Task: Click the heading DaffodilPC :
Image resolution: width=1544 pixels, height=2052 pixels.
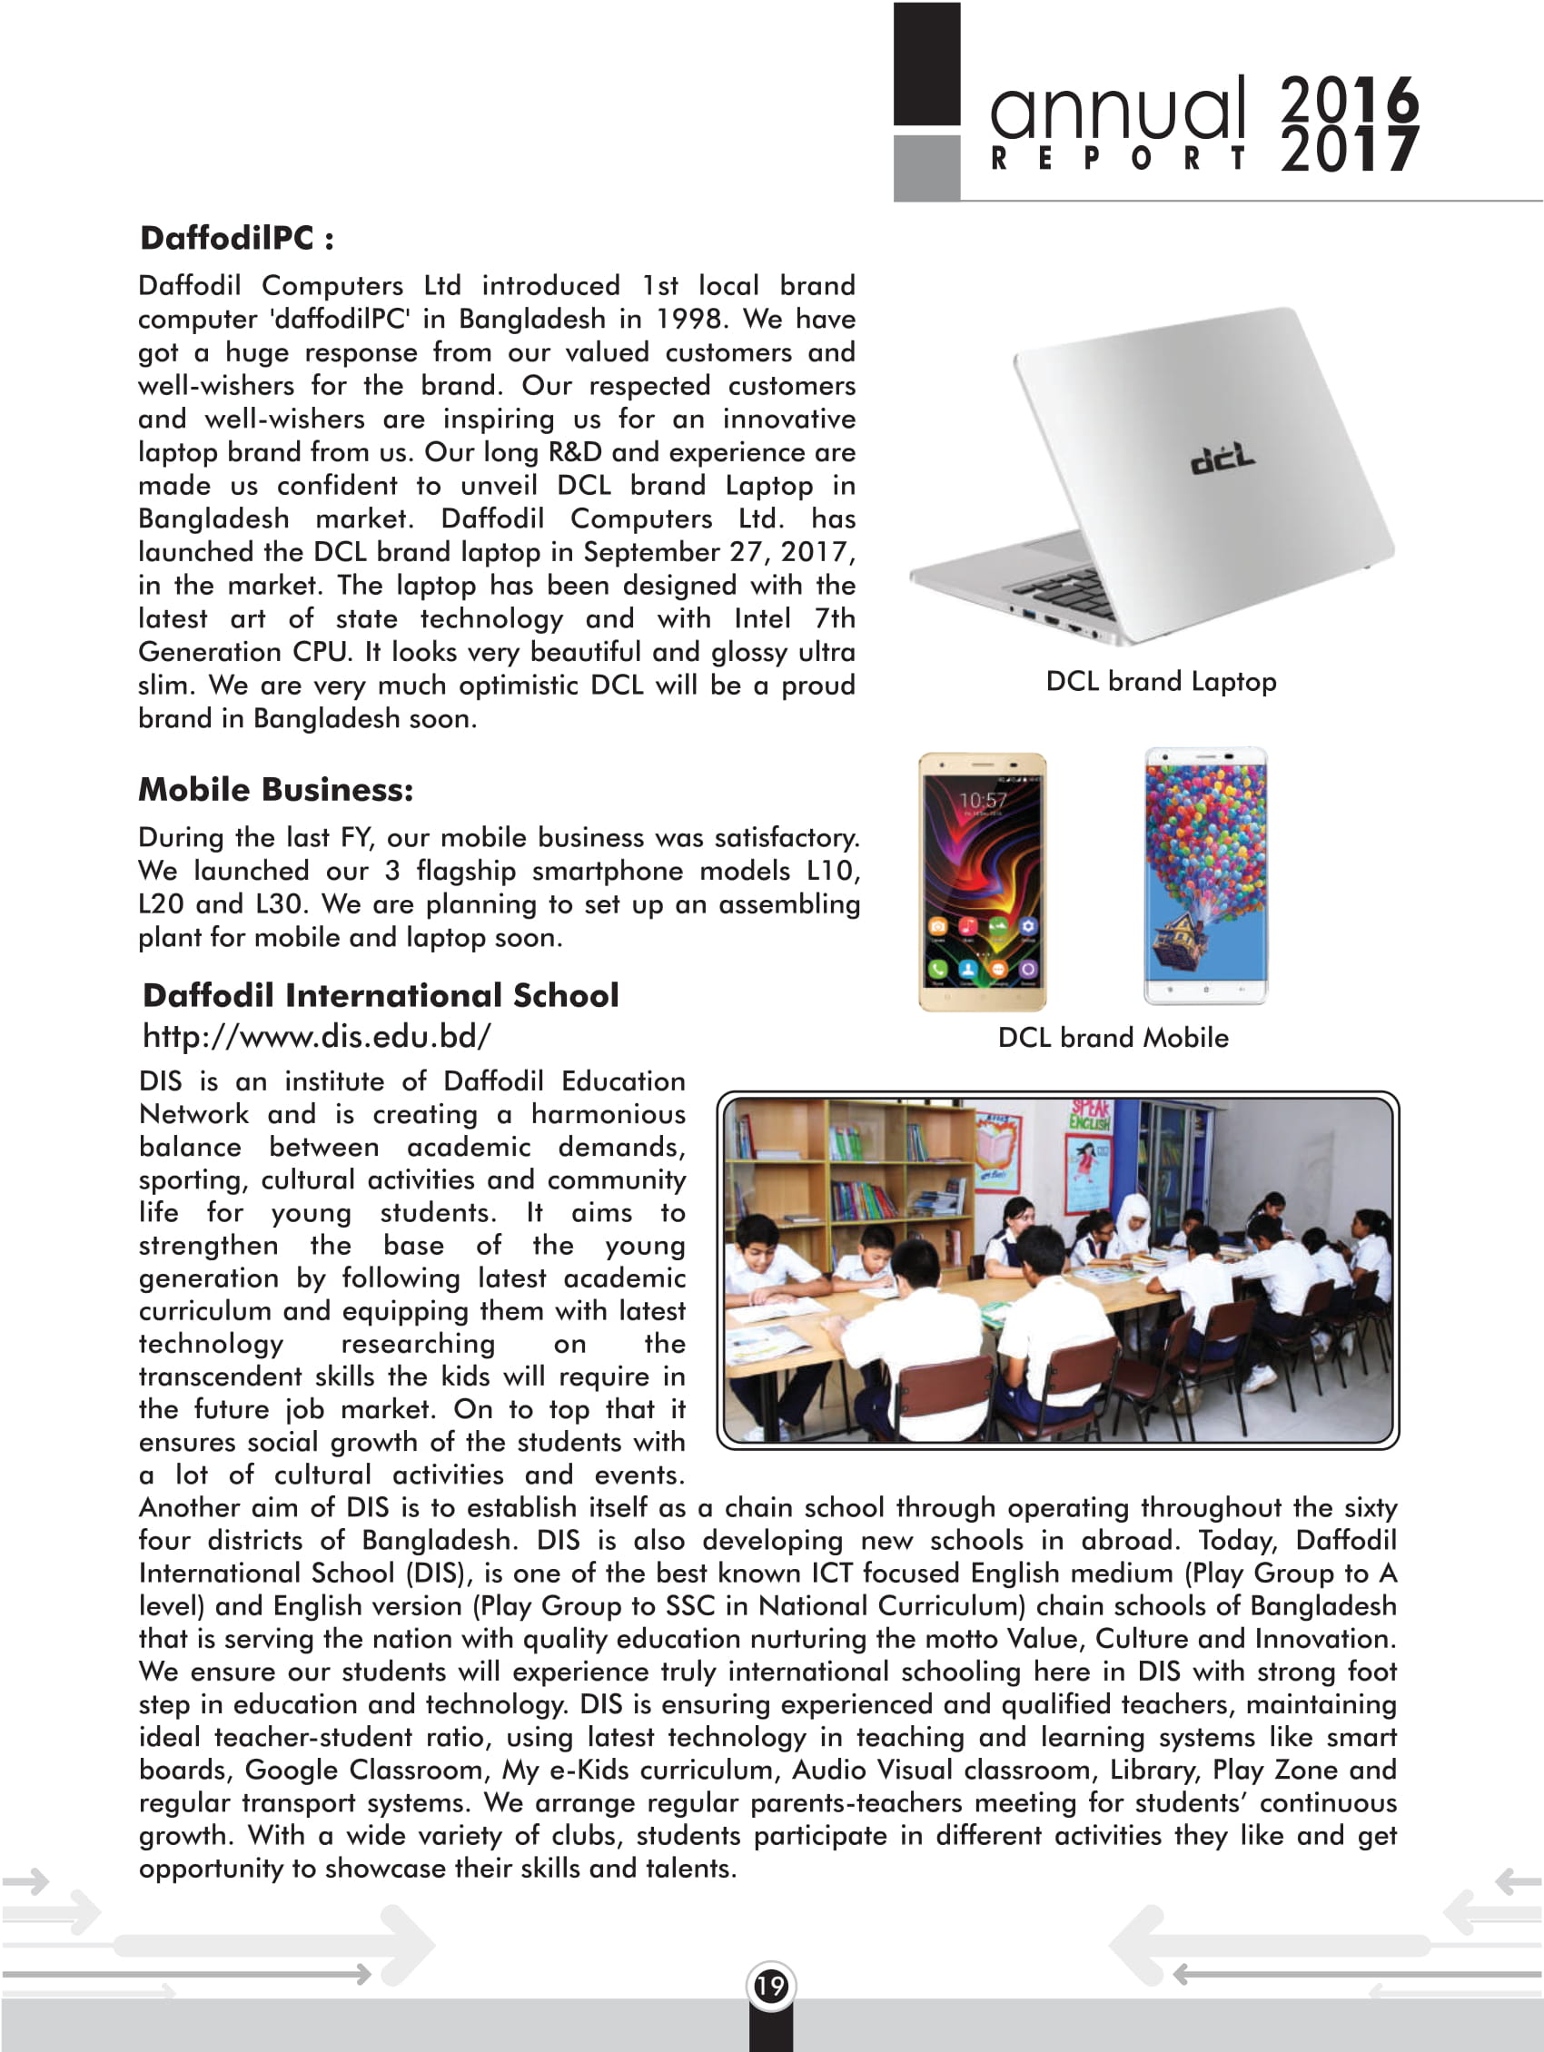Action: click(x=237, y=239)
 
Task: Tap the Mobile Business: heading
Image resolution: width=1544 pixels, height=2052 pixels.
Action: click(x=275, y=789)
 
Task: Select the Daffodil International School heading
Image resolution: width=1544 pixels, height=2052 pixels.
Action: click(x=381, y=995)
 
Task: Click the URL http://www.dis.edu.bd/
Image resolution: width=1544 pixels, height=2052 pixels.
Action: click(x=316, y=1036)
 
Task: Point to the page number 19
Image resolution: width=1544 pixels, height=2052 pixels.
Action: click(x=770, y=1986)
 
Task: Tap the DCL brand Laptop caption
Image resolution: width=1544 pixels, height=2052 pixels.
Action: click(x=1161, y=682)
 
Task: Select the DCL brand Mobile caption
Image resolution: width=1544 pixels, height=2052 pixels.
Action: click(x=1113, y=1037)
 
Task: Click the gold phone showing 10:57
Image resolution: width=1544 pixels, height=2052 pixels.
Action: click(x=983, y=882)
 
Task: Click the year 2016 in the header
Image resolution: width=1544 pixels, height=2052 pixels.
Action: click(x=1349, y=98)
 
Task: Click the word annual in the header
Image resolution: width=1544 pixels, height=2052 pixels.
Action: click(x=1117, y=108)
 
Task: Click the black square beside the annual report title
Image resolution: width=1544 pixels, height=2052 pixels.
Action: click(x=926, y=63)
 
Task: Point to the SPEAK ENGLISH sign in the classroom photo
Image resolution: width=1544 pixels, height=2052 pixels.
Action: click(x=1090, y=1115)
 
